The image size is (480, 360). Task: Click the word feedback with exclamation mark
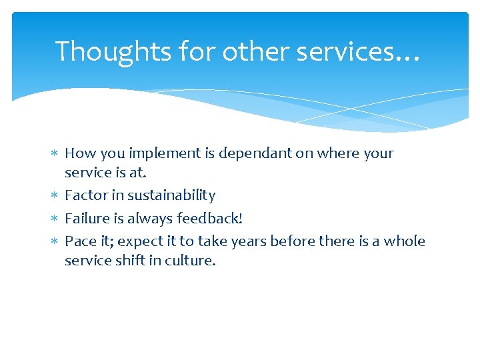[x=209, y=218]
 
